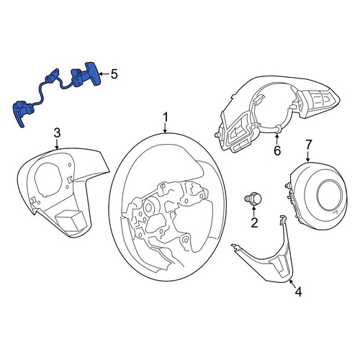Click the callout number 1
click(x=166, y=118)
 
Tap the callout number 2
click(x=254, y=222)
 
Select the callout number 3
click(x=57, y=132)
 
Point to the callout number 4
click(x=298, y=292)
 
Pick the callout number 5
click(x=114, y=74)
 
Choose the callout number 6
click(x=277, y=150)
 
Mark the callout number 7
click(x=308, y=145)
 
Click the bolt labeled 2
click(x=253, y=199)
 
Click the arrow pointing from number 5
click(x=104, y=74)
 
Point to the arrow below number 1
click(x=165, y=128)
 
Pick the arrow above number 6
click(x=277, y=140)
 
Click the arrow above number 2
click(x=254, y=212)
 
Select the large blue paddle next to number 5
click(x=93, y=73)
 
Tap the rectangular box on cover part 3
click(x=70, y=220)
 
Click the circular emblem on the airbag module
click(x=330, y=193)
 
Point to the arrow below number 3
click(x=57, y=144)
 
